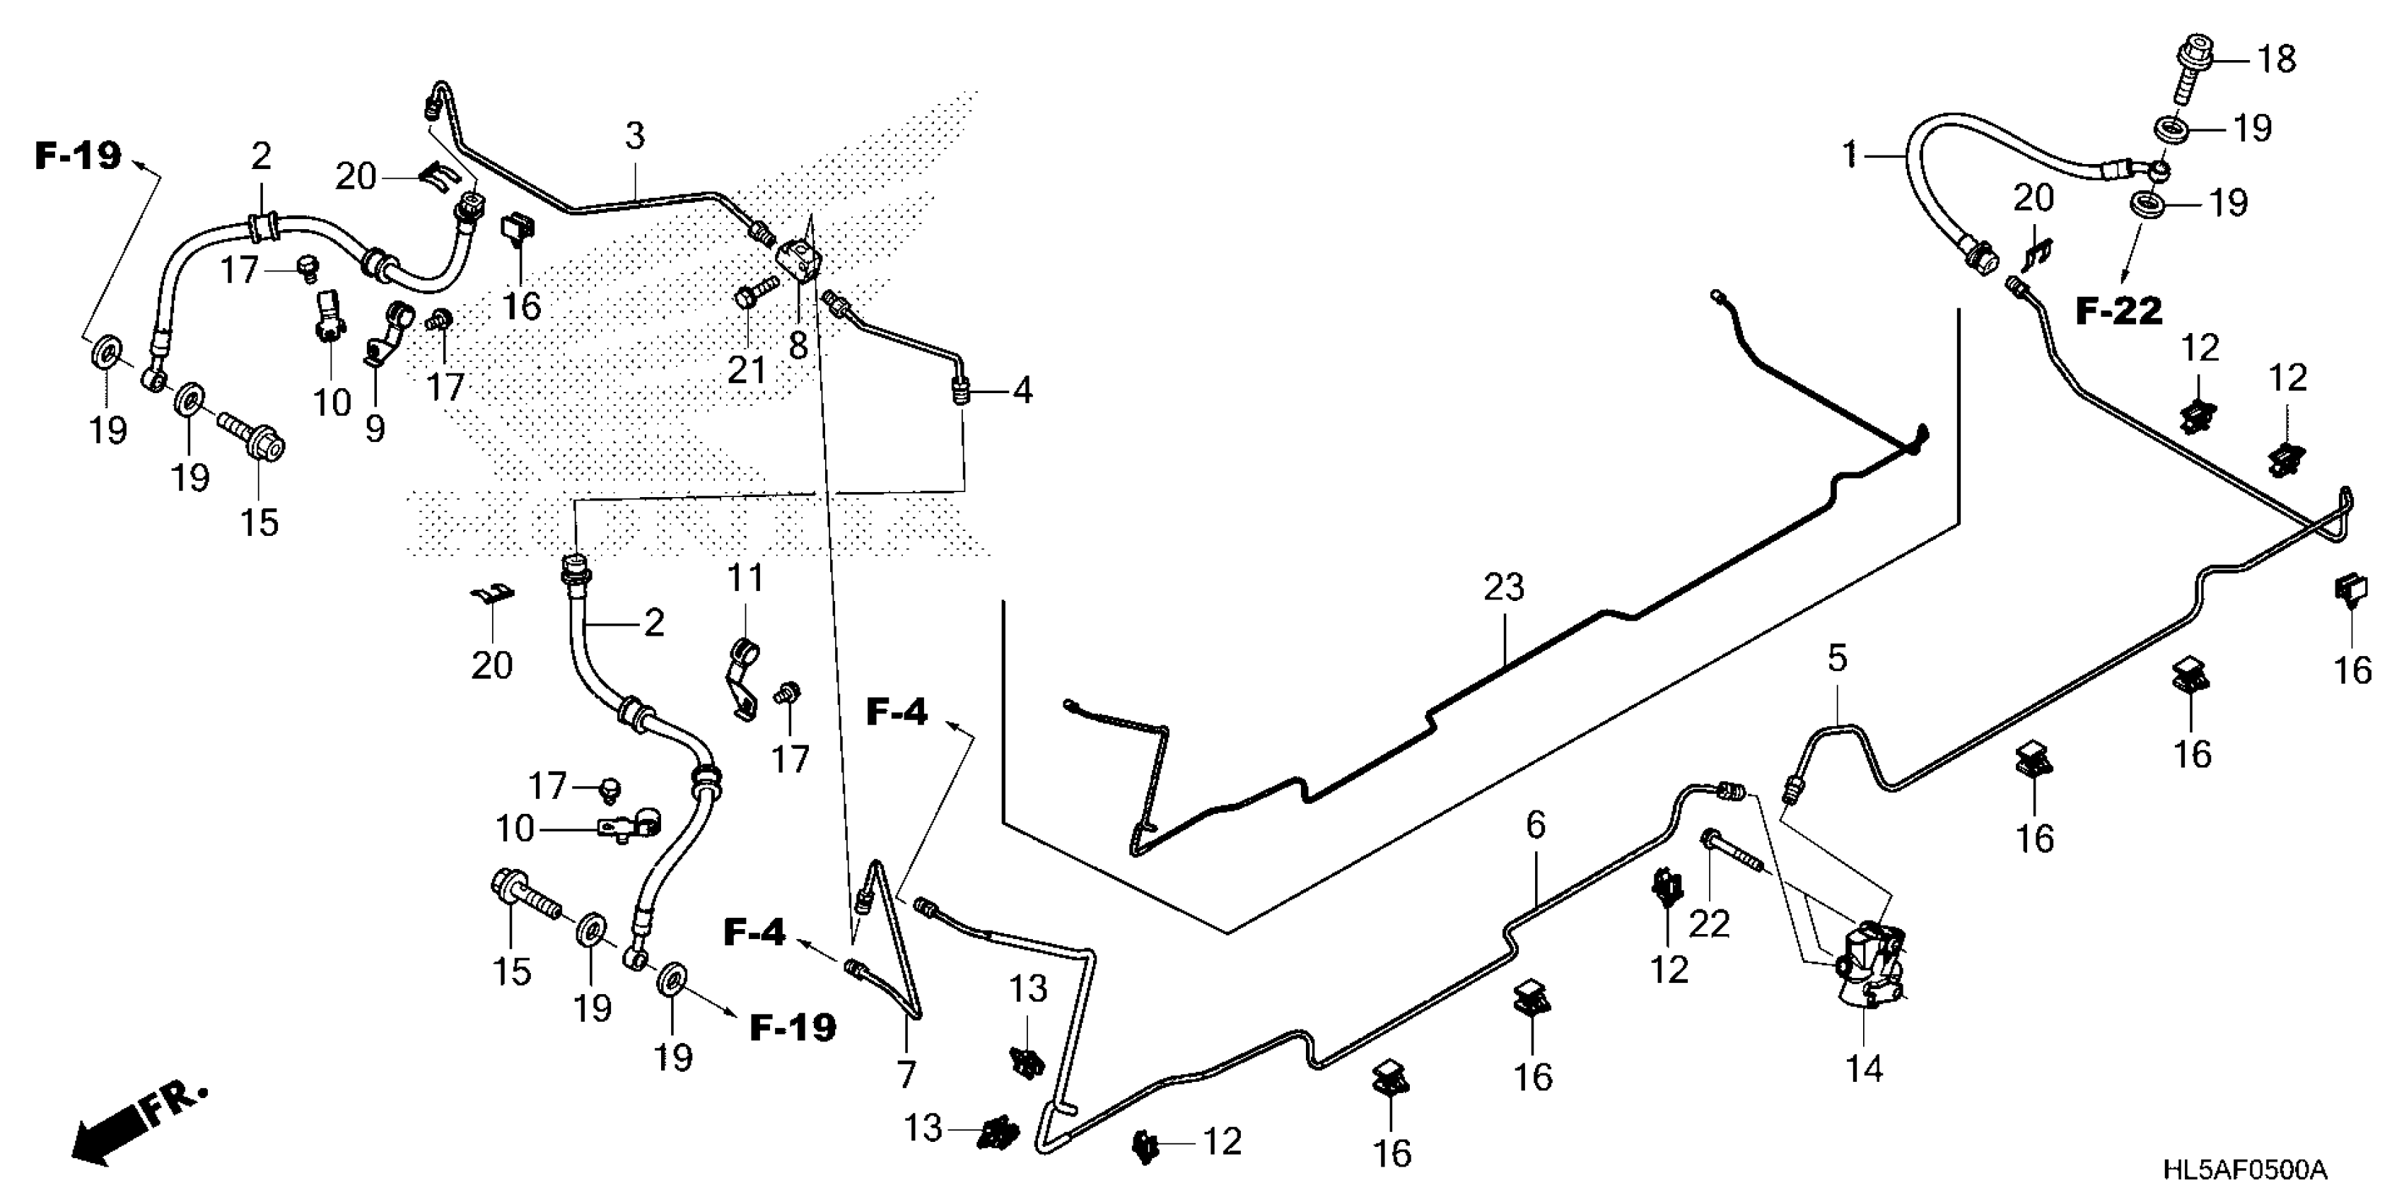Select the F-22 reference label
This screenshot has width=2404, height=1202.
2118,312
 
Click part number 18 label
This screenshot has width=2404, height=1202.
2276,59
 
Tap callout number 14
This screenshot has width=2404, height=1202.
1864,1068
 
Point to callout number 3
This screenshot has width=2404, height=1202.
635,136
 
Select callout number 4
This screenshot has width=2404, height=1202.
1023,390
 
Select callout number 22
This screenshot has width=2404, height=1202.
1710,924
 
